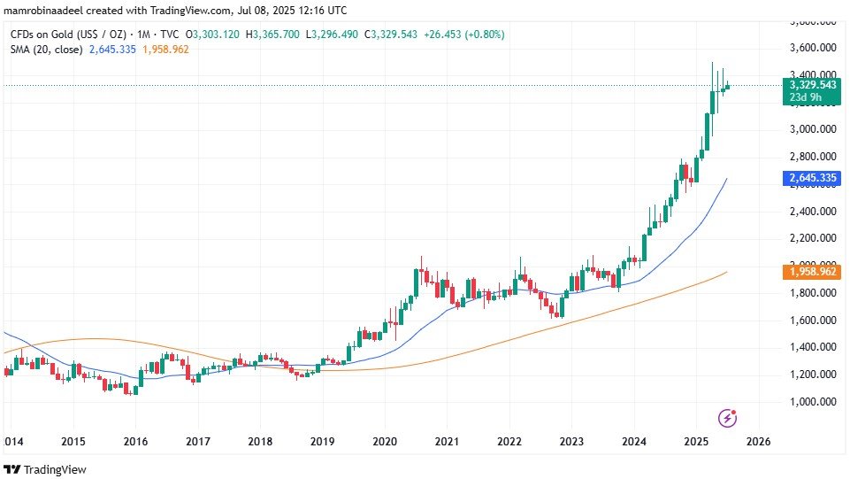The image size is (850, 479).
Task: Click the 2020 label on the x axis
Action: coord(384,441)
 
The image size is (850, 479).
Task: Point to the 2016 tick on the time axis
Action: coord(134,441)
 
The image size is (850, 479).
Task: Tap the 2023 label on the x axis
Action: coord(571,441)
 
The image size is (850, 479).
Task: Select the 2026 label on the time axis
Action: coord(759,441)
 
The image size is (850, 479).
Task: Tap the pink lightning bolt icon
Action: coord(727,417)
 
